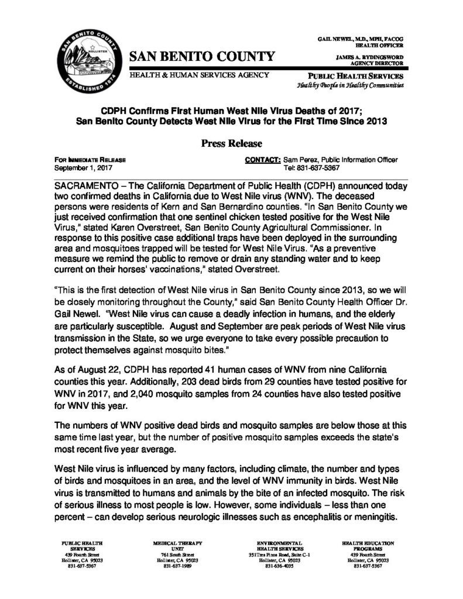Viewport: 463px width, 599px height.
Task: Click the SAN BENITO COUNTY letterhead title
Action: (201, 57)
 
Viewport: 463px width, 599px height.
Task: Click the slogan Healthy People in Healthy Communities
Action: (349, 86)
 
